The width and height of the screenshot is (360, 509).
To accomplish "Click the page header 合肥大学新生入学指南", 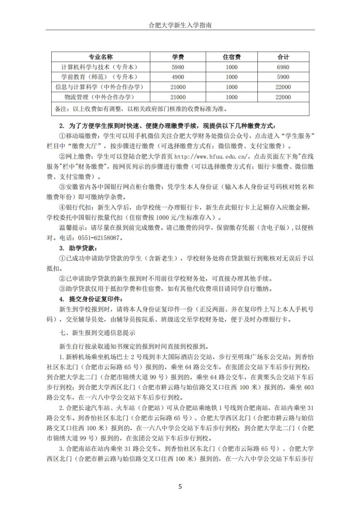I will tap(180, 26).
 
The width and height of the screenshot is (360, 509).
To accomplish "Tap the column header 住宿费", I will tap(232, 57).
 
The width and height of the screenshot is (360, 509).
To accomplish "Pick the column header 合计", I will tap(283, 57).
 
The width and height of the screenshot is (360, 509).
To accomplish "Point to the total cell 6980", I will tap(283, 67).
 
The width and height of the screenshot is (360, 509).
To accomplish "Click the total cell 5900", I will tap(283, 77).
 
